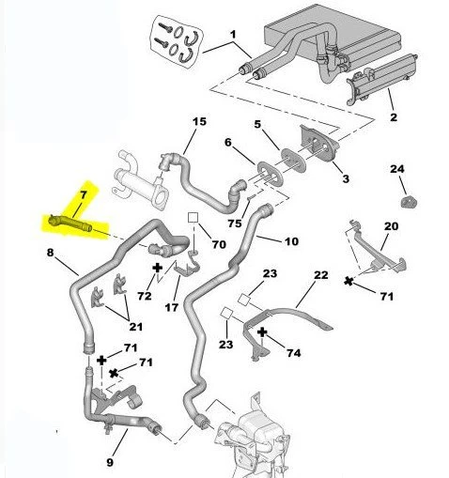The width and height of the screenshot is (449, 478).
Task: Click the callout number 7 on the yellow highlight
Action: click(x=83, y=195)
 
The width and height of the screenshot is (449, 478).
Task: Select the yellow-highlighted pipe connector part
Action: click(x=70, y=223)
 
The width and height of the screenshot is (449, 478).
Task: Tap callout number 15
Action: click(x=199, y=121)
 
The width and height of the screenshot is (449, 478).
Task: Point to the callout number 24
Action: click(x=397, y=169)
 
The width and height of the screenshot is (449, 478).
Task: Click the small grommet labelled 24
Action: click(x=409, y=202)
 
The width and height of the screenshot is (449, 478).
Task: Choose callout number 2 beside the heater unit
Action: click(x=394, y=117)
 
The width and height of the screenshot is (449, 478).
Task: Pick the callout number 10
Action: click(x=291, y=241)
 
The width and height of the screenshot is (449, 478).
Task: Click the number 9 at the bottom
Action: click(x=110, y=462)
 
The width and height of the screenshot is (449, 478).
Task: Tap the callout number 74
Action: click(x=294, y=353)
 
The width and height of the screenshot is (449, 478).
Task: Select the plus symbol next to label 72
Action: click(x=157, y=268)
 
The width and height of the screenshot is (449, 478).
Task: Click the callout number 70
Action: click(x=219, y=244)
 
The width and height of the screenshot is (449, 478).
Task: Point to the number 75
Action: click(x=235, y=224)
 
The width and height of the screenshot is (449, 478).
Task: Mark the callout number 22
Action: click(x=321, y=275)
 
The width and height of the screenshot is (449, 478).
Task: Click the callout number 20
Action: click(x=391, y=226)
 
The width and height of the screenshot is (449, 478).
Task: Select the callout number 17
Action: click(x=171, y=307)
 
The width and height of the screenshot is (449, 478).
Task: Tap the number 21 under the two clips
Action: click(x=135, y=327)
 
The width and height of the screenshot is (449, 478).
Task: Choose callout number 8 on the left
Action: click(x=50, y=253)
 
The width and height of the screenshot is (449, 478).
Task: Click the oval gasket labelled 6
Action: click(x=271, y=173)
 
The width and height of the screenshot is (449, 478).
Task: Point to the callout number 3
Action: click(x=346, y=178)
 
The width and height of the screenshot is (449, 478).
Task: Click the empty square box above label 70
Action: click(x=193, y=218)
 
